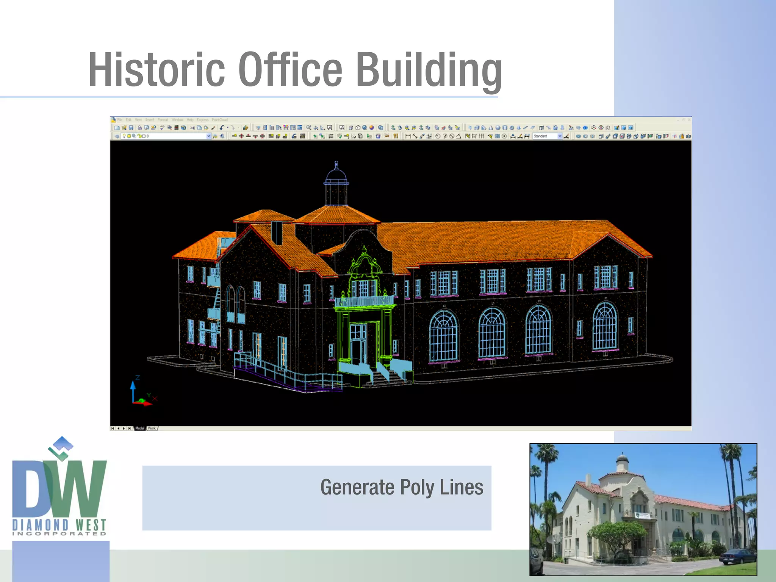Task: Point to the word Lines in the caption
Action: tap(462, 487)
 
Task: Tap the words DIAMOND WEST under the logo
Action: tap(59, 525)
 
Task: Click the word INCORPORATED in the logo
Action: tap(59, 533)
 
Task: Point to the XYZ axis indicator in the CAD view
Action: tap(141, 392)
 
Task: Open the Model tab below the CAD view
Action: tap(140, 428)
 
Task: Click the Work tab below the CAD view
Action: tap(152, 428)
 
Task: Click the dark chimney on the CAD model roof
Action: tap(277, 232)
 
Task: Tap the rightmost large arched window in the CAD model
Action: tap(605, 326)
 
